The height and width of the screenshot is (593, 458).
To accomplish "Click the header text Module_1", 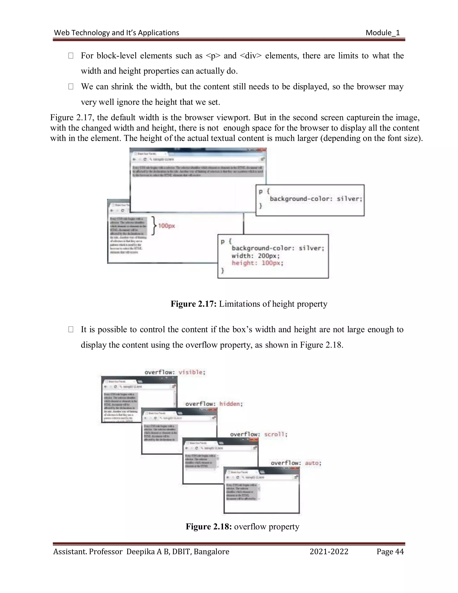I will coord(383,33).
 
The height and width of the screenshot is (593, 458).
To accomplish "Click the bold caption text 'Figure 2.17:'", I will coord(193,304).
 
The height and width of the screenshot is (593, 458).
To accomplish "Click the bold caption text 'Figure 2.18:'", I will coord(209,527).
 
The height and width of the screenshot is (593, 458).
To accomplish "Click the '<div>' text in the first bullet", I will coord(251,56).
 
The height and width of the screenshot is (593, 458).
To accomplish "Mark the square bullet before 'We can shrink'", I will coord(71,87).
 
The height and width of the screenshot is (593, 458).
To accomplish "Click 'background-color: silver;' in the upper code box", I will coord(316,199).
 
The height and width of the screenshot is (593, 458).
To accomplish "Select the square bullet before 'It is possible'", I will coord(71,330).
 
